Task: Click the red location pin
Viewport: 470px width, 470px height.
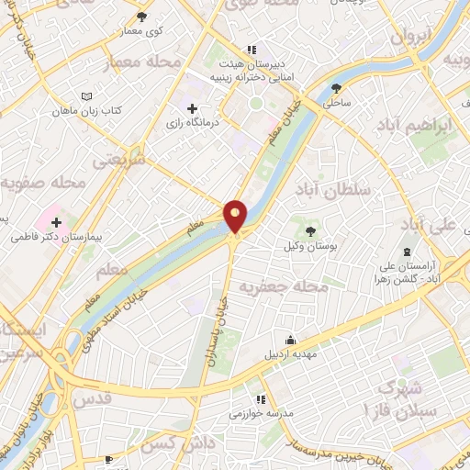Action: point(235,216)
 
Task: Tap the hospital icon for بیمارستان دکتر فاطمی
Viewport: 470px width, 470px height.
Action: point(57,222)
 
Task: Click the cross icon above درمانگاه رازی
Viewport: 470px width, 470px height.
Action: point(192,109)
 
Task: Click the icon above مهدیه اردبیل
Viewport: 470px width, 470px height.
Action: point(290,340)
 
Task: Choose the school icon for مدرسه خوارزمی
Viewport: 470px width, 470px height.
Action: point(261,399)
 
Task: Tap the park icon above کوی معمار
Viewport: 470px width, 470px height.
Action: point(140,17)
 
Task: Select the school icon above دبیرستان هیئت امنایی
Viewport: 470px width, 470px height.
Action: point(250,50)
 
